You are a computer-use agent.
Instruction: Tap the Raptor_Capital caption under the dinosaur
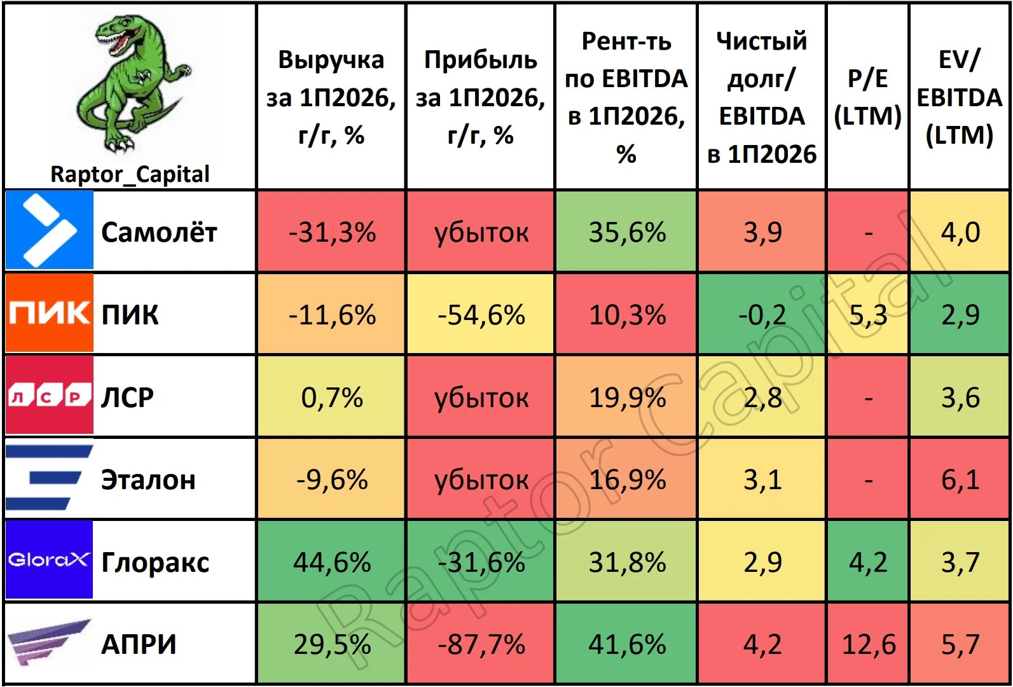[x=130, y=174]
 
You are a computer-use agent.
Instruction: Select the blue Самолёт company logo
[x=50, y=230]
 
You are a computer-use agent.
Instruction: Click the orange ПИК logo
[x=50, y=313]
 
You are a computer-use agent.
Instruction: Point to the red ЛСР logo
[x=50, y=395]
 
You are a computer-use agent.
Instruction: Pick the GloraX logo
[x=50, y=560]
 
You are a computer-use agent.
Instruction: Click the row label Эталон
[x=148, y=480]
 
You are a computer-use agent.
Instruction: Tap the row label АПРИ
[x=139, y=644]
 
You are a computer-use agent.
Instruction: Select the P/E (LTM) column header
[x=867, y=97]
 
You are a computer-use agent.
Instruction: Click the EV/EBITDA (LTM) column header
[x=959, y=97]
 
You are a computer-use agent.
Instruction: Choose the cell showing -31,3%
[x=332, y=232]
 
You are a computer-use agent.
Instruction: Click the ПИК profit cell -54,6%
[x=481, y=315]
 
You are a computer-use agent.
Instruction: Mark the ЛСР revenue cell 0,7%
[x=332, y=398]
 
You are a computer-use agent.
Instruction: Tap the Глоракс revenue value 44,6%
[x=332, y=562]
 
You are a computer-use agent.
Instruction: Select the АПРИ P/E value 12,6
[x=868, y=644]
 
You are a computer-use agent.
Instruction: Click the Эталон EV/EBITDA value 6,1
[x=960, y=480]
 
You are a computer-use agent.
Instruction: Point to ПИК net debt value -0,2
[x=762, y=315]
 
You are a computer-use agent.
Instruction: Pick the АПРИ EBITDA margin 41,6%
[x=627, y=644]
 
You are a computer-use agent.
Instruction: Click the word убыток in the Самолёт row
[x=481, y=232]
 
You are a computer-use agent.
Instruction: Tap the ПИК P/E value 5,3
[x=868, y=315]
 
